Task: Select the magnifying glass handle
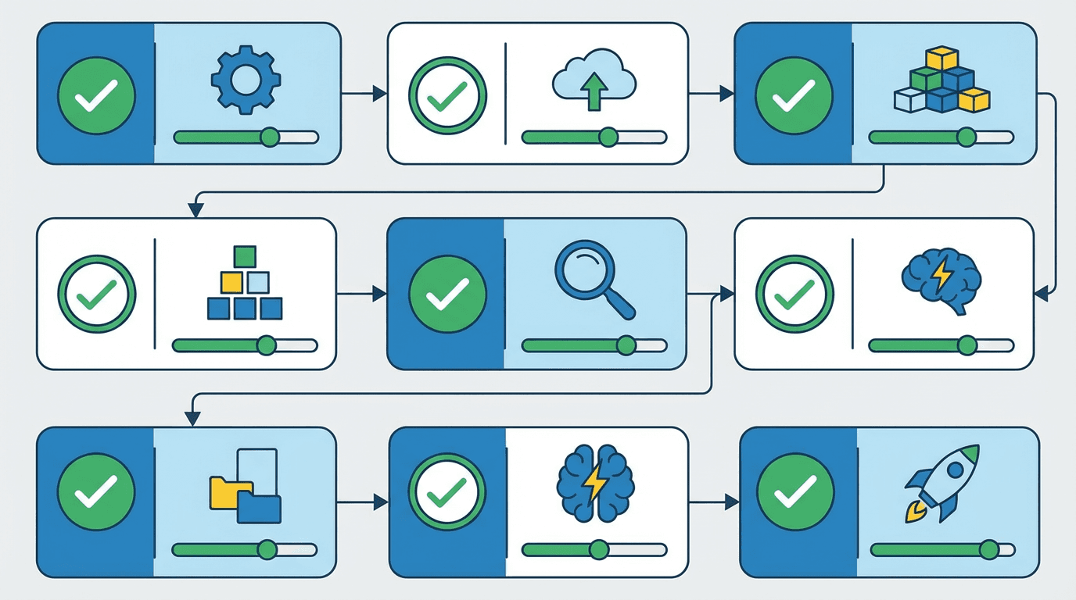[x=619, y=304]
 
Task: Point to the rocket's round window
[x=954, y=470]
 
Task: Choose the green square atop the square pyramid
[x=245, y=256]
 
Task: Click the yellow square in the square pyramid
[x=232, y=282]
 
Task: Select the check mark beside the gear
[x=96, y=94]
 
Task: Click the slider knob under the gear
[x=270, y=137]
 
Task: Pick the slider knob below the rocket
[x=988, y=550]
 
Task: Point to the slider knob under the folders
[x=267, y=550]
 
